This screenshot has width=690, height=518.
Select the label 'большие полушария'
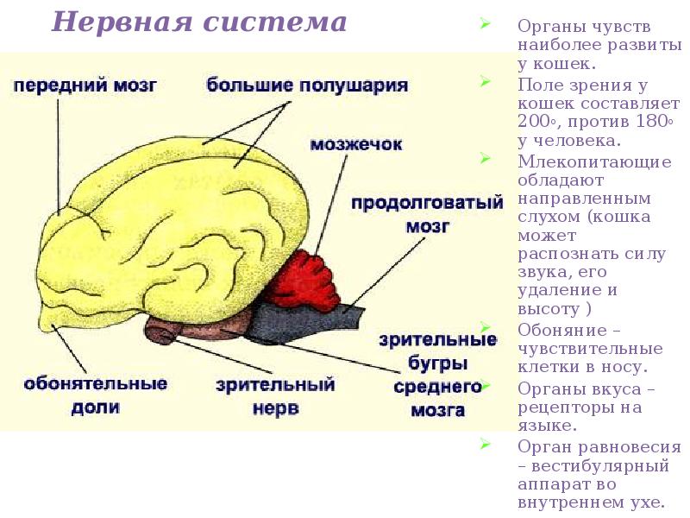click(307, 85)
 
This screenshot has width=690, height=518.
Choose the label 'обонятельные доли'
click(95, 394)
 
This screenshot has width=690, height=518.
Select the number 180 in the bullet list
click(651, 122)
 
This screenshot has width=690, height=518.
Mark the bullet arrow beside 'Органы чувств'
click(485, 24)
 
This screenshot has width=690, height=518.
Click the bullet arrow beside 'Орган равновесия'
click(485, 445)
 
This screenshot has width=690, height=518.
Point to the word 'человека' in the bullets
click(561, 140)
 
